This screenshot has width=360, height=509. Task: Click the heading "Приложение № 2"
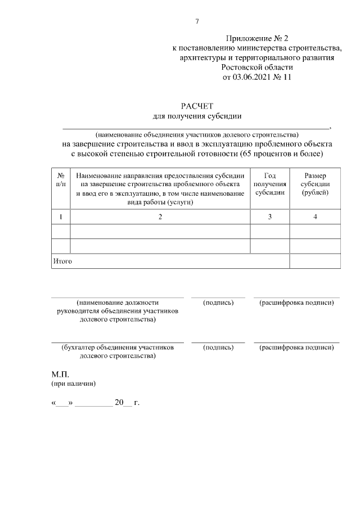click(257, 39)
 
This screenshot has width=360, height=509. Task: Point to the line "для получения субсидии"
click(197, 116)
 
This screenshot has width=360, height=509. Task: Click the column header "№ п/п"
click(61, 180)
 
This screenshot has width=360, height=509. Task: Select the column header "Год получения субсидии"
click(269, 184)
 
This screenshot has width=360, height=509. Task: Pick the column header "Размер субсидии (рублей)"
click(315, 184)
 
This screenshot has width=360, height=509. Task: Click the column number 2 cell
click(160, 217)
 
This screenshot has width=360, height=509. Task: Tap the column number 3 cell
click(269, 217)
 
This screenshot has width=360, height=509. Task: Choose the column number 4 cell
click(315, 217)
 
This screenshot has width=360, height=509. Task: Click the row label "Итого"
click(62, 261)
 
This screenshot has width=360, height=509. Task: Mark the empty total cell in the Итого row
click(315, 261)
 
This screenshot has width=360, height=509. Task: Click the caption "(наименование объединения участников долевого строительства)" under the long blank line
click(197, 134)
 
